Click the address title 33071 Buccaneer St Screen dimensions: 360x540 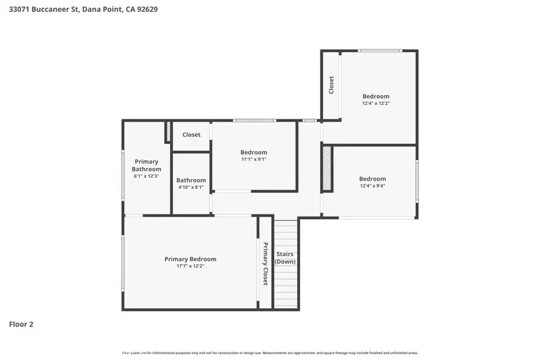tap(83, 10)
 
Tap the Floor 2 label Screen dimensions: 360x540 tap(21, 325)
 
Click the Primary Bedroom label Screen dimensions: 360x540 tap(190, 259)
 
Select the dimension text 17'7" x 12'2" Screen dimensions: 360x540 tap(190, 266)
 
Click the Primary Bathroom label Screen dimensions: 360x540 tap(146, 165)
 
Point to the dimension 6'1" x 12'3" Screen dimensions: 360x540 tap(146, 176)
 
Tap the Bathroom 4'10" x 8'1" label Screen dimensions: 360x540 tap(191, 183)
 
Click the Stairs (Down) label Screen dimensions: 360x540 tap(285, 258)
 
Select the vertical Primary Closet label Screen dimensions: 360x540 tap(265, 263)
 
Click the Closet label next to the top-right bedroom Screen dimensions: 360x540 tap(331, 85)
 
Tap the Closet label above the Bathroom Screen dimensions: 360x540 tap(191, 134)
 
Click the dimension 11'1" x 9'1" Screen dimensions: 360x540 tap(254, 160)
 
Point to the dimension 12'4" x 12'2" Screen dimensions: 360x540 tap(376, 103)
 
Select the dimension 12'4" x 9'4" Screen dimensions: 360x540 tap(372, 186)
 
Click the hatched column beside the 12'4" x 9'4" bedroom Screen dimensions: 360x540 tap(327, 169)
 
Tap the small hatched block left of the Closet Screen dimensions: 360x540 tap(169, 132)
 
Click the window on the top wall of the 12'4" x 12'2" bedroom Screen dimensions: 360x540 tap(380, 51)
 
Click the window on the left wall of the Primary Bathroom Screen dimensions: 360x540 tap(123, 174)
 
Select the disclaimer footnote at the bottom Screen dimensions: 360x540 tap(270, 353)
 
